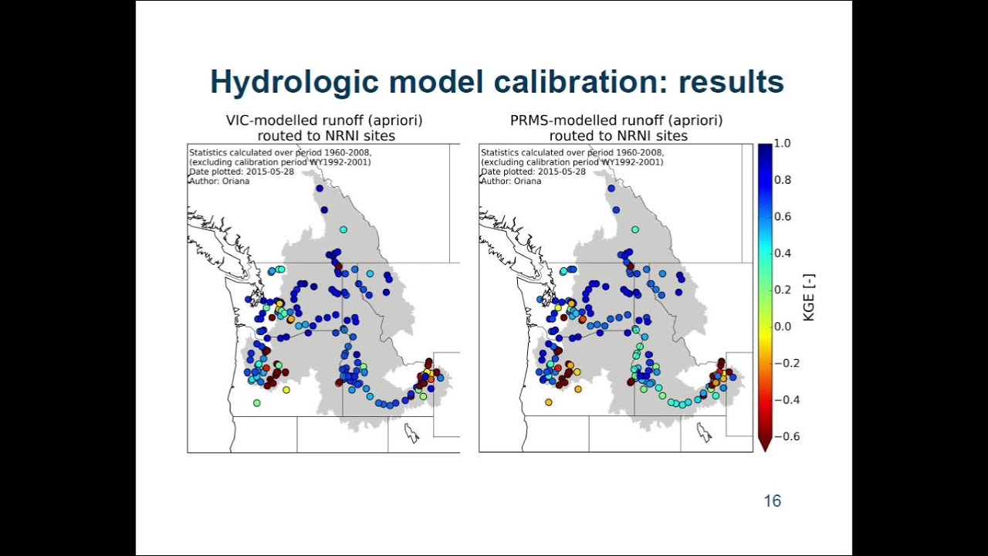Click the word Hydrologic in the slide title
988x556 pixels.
tap(295, 83)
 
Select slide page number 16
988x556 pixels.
tap(773, 501)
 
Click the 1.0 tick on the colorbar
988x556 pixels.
tap(783, 144)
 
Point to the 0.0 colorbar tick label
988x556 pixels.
tap(783, 327)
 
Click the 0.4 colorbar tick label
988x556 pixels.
tap(783, 253)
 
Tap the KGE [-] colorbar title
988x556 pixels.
tap(810, 297)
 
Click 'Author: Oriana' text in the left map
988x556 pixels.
tap(219, 181)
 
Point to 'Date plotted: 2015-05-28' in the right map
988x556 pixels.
tap(533, 171)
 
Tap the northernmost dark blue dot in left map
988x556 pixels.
tap(320, 188)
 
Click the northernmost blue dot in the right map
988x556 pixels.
tap(611, 188)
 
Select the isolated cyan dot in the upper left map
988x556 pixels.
tap(343, 229)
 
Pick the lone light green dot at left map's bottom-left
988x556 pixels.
tap(257, 403)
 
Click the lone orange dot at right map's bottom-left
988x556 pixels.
tap(548, 402)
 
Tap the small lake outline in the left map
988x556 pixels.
tap(411, 432)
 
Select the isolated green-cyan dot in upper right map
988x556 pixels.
tap(635, 229)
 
